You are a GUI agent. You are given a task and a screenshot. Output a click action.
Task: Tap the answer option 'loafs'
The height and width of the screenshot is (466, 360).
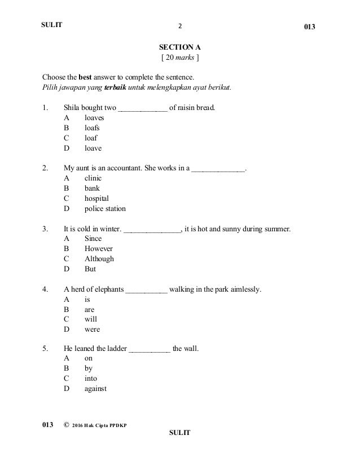(93, 129)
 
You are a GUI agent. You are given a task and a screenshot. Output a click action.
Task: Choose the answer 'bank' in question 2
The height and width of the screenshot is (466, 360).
(93, 188)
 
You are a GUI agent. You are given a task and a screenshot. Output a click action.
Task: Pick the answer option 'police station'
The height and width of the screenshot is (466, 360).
(105, 209)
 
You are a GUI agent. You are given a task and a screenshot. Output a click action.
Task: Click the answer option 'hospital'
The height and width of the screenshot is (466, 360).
(96, 199)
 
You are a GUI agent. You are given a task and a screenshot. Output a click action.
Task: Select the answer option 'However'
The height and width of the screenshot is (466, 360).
(99, 249)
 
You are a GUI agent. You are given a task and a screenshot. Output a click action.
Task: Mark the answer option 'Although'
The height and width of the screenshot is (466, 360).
(99, 259)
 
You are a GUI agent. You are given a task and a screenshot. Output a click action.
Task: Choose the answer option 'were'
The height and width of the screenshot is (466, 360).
(92, 329)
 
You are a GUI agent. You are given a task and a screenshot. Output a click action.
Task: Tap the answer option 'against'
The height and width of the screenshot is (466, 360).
(95, 389)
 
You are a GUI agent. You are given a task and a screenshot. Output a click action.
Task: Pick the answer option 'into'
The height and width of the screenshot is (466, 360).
(91, 379)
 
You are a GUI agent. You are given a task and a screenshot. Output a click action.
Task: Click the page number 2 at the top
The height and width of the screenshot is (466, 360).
(180, 26)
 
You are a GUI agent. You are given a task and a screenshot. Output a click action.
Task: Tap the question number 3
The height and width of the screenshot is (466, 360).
(45, 228)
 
